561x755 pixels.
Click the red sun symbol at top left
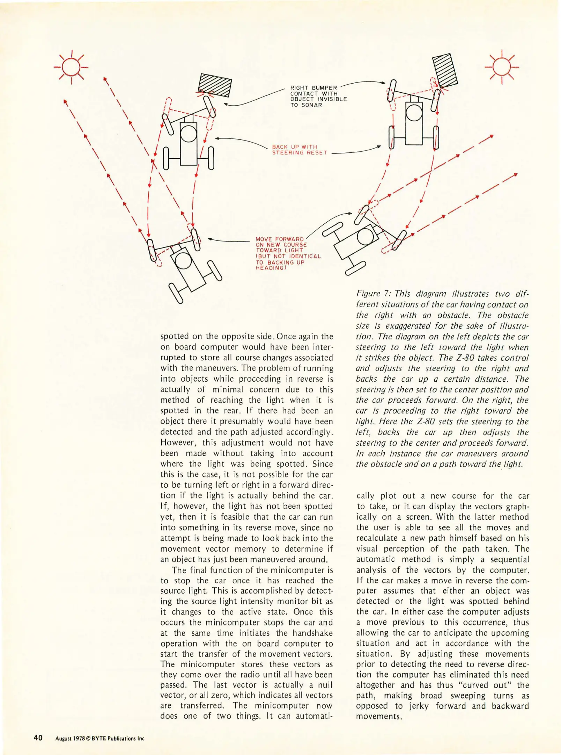[x=72, y=67]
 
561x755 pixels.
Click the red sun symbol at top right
[x=502, y=67]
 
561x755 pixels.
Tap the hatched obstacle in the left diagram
[x=215, y=85]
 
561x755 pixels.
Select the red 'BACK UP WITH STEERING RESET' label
[x=299, y=150]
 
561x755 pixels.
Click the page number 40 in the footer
[x=38, y=738]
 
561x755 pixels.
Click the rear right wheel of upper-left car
[x=211, y=158]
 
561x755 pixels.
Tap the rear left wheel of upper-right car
[x=392, y=138]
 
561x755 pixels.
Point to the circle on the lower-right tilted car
[x=365, y=237]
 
